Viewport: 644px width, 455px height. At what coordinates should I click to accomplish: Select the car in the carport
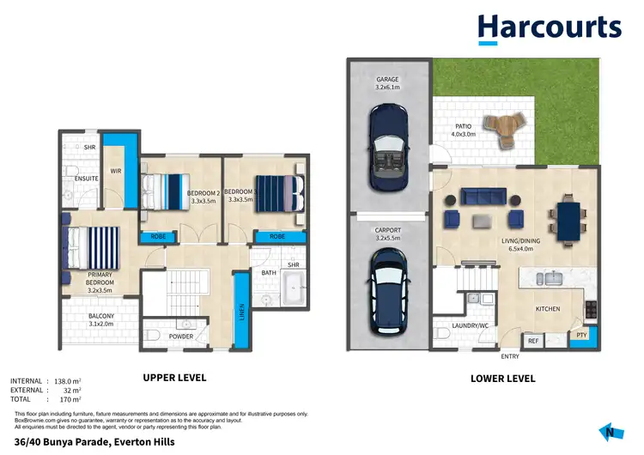tap(386, 290)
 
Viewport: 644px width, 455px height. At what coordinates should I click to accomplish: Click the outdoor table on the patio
tap(501, 128)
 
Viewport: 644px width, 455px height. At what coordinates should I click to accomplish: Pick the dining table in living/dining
tap(568, 219)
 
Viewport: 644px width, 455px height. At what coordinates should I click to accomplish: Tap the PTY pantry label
tap(581, 335)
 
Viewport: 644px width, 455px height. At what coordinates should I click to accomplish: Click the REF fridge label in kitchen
tap(532, 341)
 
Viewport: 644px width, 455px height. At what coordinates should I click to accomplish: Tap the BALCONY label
tap(101, 316)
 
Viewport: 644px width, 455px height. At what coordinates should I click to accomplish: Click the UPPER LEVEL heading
tap(173, 377)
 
